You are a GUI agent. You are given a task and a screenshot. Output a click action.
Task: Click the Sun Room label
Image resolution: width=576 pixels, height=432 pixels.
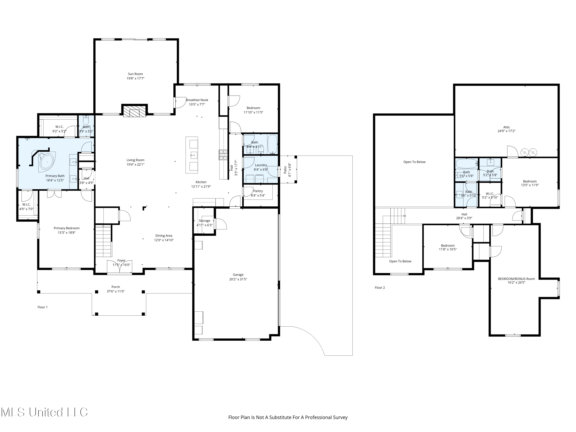click(135, 74)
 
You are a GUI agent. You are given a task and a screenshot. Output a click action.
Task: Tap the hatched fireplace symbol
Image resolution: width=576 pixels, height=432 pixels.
click(134, 111)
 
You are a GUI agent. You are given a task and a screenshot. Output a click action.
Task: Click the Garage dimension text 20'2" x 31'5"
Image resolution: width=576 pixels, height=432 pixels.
click(238, 279)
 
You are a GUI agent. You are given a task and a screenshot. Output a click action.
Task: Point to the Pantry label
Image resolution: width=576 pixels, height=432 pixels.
click(258, 191)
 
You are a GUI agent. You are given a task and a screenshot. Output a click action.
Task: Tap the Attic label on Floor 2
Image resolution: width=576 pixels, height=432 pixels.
click(506, 127)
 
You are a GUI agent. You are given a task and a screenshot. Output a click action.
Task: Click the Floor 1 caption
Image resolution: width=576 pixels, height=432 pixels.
click(42, 307)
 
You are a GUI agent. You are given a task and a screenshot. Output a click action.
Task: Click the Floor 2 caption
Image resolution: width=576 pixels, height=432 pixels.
click(380, 287)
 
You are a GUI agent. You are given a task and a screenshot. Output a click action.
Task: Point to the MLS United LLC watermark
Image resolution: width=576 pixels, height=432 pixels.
click(44, 412)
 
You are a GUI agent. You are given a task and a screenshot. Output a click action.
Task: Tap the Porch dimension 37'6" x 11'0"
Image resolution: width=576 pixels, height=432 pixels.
click(116, 291)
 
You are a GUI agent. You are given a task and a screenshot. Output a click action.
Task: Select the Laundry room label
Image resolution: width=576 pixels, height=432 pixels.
click(261, 165)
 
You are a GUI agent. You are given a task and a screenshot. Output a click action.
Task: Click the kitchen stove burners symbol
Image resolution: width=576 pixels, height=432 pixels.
click(223, 155)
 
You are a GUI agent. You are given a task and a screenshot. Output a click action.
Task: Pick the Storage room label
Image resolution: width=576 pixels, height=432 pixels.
click(204, 221)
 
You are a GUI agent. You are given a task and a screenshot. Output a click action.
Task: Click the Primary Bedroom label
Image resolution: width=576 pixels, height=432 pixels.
click(66, 228)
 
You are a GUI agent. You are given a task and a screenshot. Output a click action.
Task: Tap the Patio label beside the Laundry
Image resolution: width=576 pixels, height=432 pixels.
click(285, 170)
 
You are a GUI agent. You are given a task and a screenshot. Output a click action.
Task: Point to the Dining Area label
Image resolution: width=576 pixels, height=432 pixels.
click(164, 236)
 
